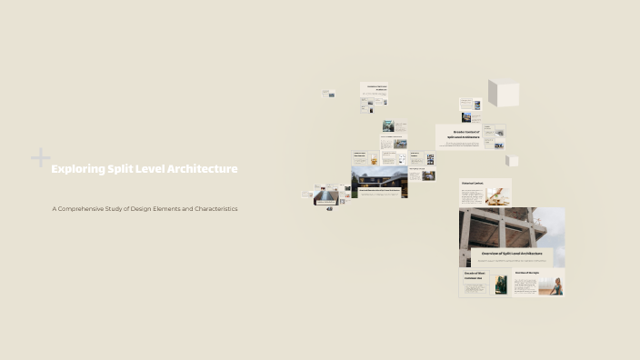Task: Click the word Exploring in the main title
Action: [x=77, y=169]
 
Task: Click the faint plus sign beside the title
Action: [x=41, y=158]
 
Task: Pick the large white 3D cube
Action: [x=504, y=94]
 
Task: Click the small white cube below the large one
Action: [x=513, y=161]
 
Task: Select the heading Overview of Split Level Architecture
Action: [x=505, y=253]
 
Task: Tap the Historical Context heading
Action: [x=472, y=183]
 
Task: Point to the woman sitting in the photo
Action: [x=555, y=285]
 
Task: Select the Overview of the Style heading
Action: [x=527, y=273]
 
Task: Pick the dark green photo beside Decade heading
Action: [x=501, y=285]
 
